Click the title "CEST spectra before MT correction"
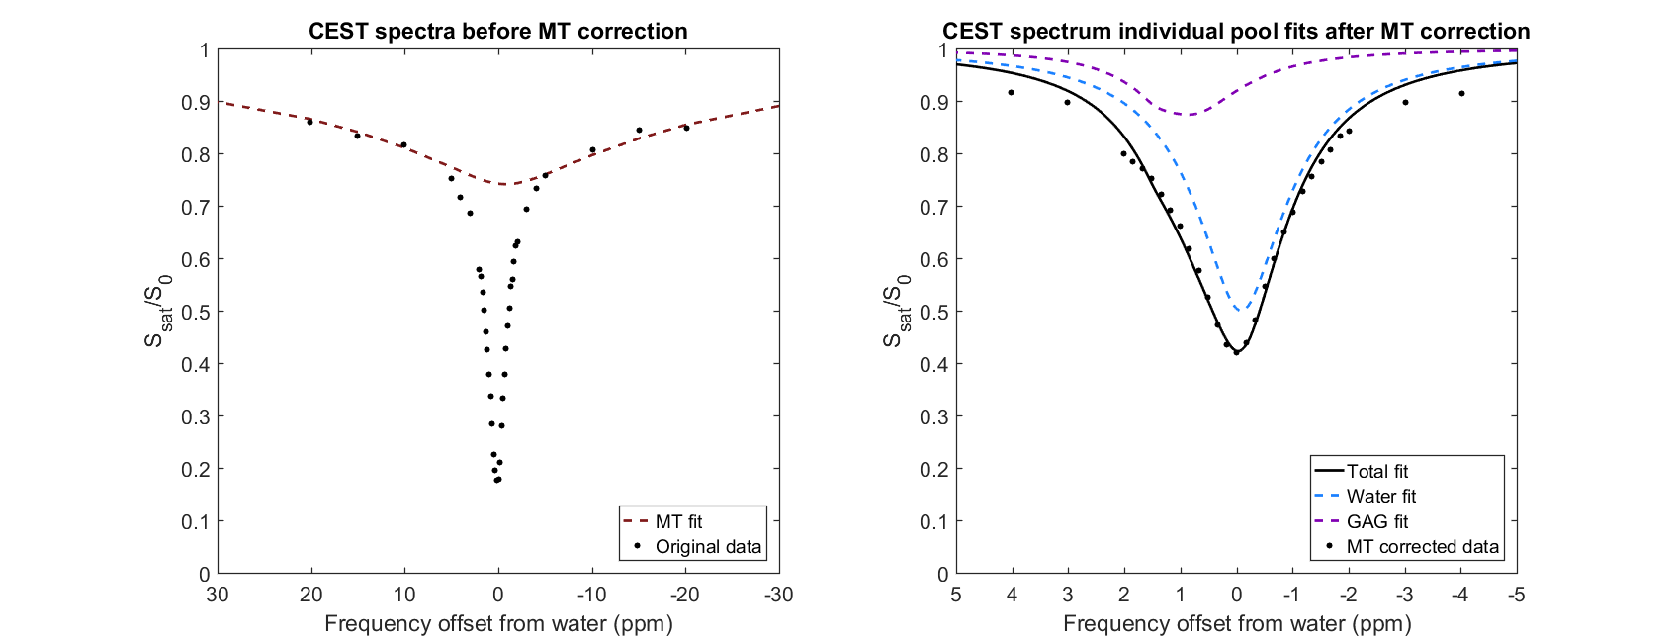(x=497, y=31)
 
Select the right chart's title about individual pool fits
(x=1236, y=31)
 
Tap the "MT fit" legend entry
(x=678, y=521)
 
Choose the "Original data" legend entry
(x=708, y=547)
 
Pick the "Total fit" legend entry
(x=1376, y=472)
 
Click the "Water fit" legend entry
(x=1380, y=497)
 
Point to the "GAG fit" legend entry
(x=1376, y=521)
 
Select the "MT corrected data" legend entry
(x=1422, y=547)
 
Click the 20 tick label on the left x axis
(x=310, y=595)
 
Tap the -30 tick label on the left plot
(x=778, y=595)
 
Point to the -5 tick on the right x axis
(x=1516, y=595)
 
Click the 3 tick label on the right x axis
(x=1067, y=595)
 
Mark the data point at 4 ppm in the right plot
(x=1011, y=93)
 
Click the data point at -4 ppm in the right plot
(x=1460, y=94)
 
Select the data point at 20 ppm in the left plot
(x=309, y=122)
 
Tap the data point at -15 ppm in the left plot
(x=639, y=131)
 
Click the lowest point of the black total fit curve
(x=1236, y=353)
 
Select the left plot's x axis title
(x=497, y=624)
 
